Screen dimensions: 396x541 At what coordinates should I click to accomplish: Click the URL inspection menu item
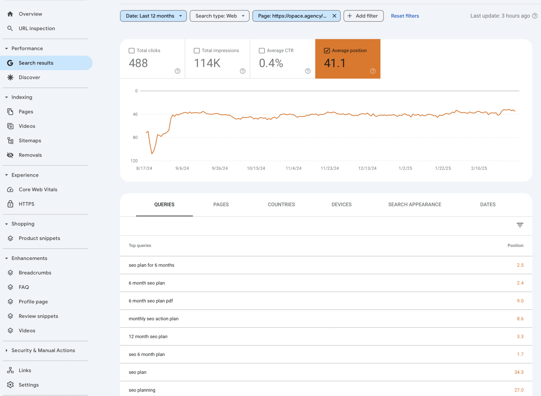click(36, 28)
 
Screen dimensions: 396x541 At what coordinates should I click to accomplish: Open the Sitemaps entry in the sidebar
click(30, 141)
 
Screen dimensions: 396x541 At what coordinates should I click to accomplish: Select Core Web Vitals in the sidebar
click(38, 189)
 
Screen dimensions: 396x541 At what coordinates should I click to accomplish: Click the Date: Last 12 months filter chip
click(153, 16)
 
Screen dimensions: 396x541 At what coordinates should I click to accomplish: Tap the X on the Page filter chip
click(334, 16)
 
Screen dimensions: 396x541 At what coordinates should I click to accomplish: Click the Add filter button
click(363, 16)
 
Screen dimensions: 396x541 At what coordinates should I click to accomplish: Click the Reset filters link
click(405, 16)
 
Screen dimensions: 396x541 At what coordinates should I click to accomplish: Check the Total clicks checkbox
click(132, 50)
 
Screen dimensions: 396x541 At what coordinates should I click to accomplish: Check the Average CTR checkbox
click(262, 50)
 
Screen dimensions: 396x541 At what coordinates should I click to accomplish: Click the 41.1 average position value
click(334, 63)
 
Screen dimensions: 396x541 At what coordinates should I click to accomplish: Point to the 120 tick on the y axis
click(134, 161)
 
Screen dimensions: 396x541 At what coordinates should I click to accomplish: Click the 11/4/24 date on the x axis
click(293, 168)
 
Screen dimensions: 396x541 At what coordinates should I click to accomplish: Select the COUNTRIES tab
click(281, 204)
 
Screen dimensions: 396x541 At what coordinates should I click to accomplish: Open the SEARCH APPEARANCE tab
click(414, 204)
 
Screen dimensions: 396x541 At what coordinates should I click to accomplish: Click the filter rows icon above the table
click(520, 225)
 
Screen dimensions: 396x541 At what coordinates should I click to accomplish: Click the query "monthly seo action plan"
click(153, 319)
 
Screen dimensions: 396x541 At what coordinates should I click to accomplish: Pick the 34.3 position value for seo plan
click(519, 372)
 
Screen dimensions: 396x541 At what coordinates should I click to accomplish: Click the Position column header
click(515, 245)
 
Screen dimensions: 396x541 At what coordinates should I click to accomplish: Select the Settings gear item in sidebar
click(28, 385)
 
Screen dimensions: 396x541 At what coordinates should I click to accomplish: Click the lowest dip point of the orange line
click(152, 154)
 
